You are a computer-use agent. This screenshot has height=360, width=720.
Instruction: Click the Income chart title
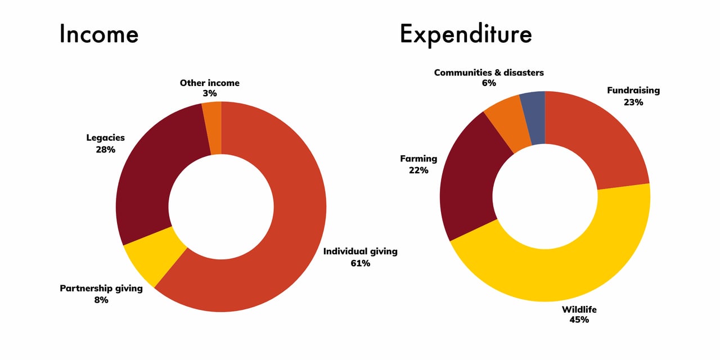coord(98,34)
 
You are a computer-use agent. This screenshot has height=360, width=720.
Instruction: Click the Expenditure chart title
coord(466,35)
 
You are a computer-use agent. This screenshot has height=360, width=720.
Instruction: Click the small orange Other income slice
coord(213,128)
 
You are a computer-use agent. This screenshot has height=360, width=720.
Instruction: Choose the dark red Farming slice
coord(472,180)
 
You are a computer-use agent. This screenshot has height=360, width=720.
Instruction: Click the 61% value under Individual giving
coord(360,263)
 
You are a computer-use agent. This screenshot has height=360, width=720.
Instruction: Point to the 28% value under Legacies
coord(105,149)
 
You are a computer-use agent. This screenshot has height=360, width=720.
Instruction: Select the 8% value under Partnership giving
coord(101,300)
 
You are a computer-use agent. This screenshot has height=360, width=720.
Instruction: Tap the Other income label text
coord(209,83)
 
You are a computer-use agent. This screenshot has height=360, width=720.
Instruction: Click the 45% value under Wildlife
coord(579,319)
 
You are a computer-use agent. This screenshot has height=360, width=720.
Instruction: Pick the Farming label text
coord(418,159)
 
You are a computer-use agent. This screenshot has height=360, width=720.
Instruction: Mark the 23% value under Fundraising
coord(633,102)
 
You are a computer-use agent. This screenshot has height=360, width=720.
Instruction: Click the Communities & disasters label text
coord(489,73)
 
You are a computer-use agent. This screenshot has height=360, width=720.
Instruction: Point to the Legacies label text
coord(105,138)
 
